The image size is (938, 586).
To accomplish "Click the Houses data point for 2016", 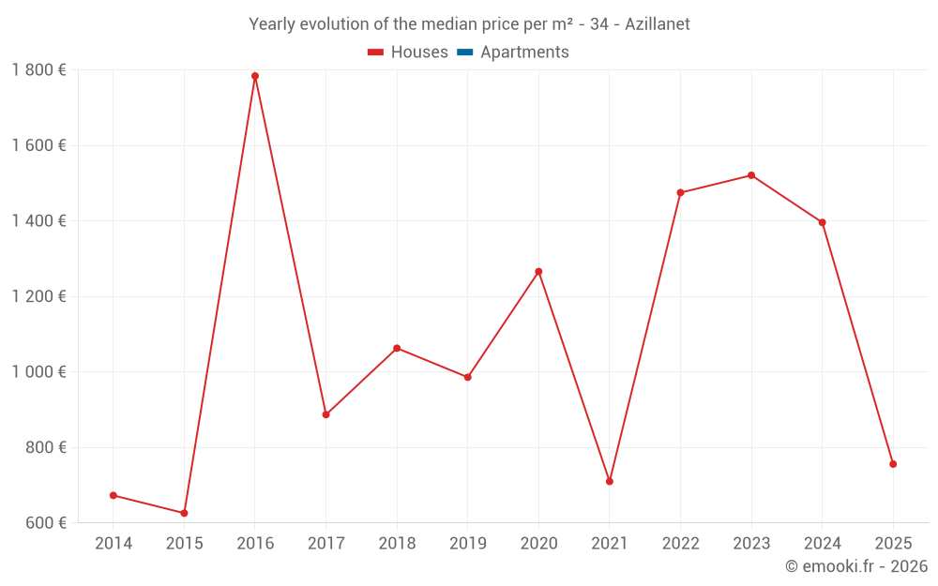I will [x=255, y=76].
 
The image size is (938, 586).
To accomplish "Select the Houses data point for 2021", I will [x=610, y=481].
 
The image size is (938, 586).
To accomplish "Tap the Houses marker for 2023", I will [x=751, y=175].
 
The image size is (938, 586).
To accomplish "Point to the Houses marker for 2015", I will [x=184, y=513].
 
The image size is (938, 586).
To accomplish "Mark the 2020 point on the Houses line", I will [x=538, y=272].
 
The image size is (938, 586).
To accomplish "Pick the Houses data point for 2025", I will [x=893, y=464].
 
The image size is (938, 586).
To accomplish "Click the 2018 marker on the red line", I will [x=397, y=348].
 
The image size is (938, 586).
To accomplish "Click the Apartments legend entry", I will [x=523, y=53].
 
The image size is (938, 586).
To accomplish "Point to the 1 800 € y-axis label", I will [x=38, y=70].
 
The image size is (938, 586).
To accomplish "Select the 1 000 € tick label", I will [x=38, y=372].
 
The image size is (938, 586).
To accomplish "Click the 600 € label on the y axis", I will [x=46, y=523].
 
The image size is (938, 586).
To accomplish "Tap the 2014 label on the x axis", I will [x=113, y=544].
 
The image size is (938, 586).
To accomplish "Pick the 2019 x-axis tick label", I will [x=468, y=544].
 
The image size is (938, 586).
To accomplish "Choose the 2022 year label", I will [x=680, y=544].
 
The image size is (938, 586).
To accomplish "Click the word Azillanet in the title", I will [x=654, y=24].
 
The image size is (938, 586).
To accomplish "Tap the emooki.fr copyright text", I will [x=855, y=566].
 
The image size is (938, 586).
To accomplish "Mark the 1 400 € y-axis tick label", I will [x=38, y=221].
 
